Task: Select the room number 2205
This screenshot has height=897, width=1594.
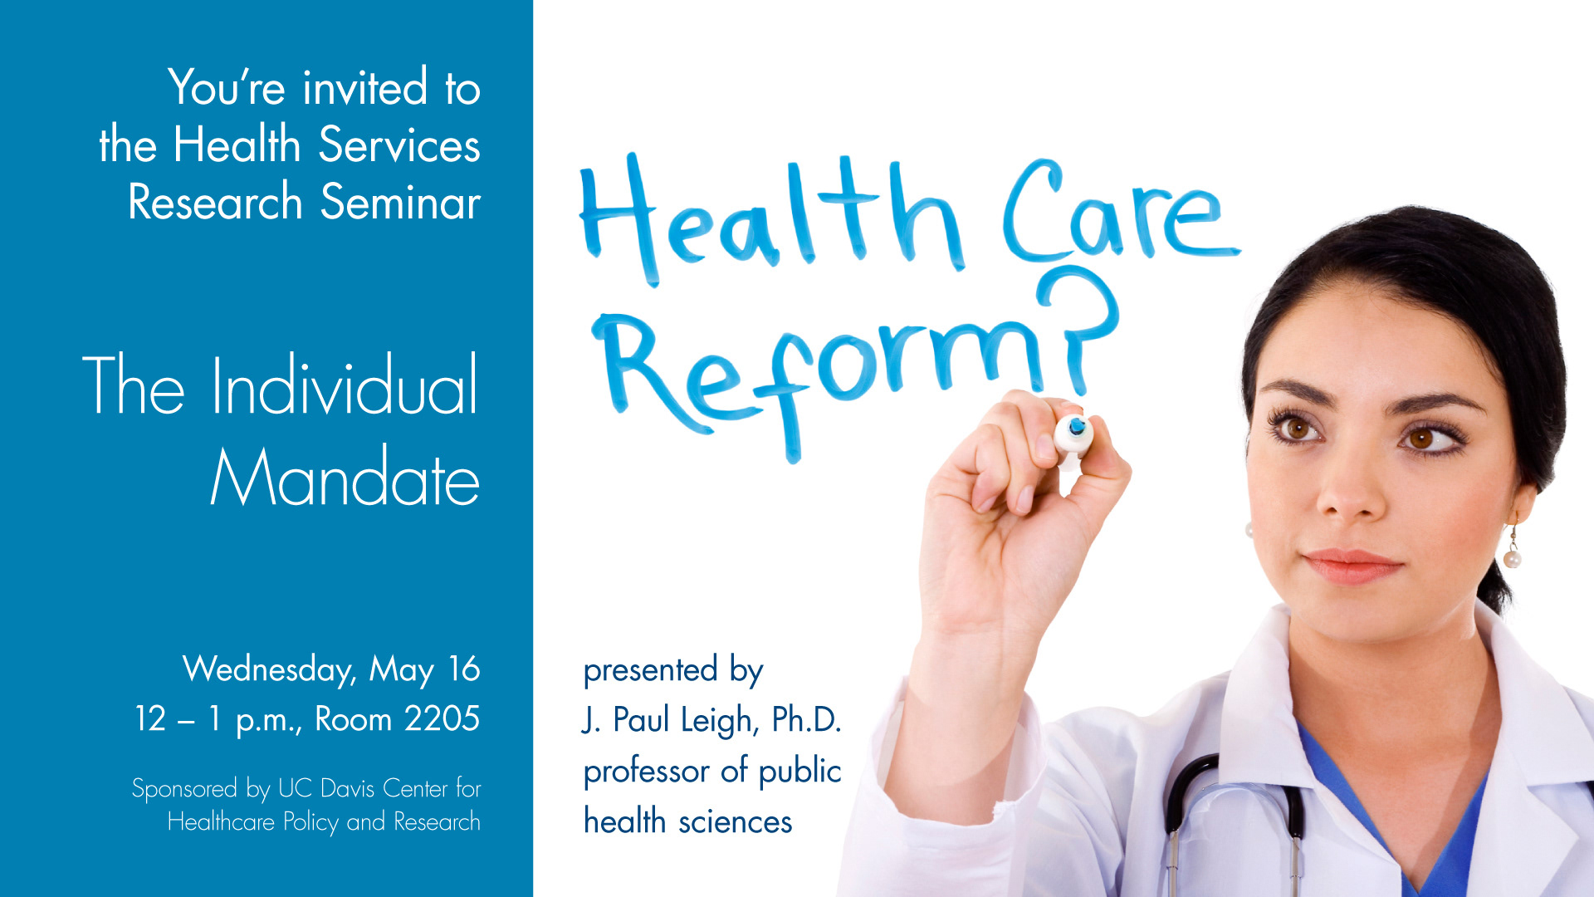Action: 442,718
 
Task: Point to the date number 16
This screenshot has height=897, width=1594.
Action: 464,669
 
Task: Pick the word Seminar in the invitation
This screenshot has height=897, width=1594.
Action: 400,202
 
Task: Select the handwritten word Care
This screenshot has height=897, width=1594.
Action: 1121,212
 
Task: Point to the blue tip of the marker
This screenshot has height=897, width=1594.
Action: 1077,426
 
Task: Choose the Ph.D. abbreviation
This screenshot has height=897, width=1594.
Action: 806,719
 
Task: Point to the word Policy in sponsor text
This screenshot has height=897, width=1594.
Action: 310,822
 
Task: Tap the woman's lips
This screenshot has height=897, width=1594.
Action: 1351,566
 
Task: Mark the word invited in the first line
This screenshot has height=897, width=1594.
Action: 365,87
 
